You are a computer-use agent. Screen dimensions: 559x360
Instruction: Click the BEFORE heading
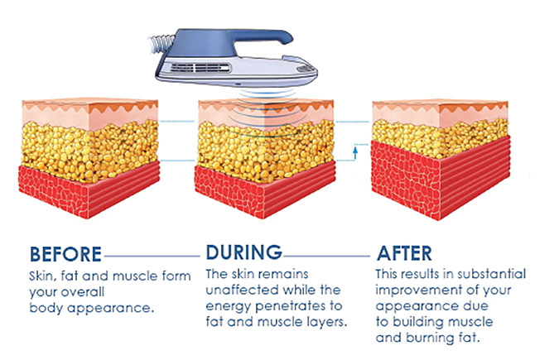pos(65,254)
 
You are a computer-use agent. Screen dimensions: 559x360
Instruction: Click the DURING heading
pos(243,252)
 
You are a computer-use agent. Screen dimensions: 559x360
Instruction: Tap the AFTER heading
pos(404,253)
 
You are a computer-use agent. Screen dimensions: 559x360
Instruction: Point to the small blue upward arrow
pos(355,152)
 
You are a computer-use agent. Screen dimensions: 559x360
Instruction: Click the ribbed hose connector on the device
pos(161,43)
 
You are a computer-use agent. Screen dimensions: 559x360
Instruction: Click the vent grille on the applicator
pos(200,68)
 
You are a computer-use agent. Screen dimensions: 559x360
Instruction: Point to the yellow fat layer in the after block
pos(441,139)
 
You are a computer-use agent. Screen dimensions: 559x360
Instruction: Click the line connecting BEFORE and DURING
pos(152,256)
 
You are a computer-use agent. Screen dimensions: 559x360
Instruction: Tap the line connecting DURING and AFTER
pos(327,256)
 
